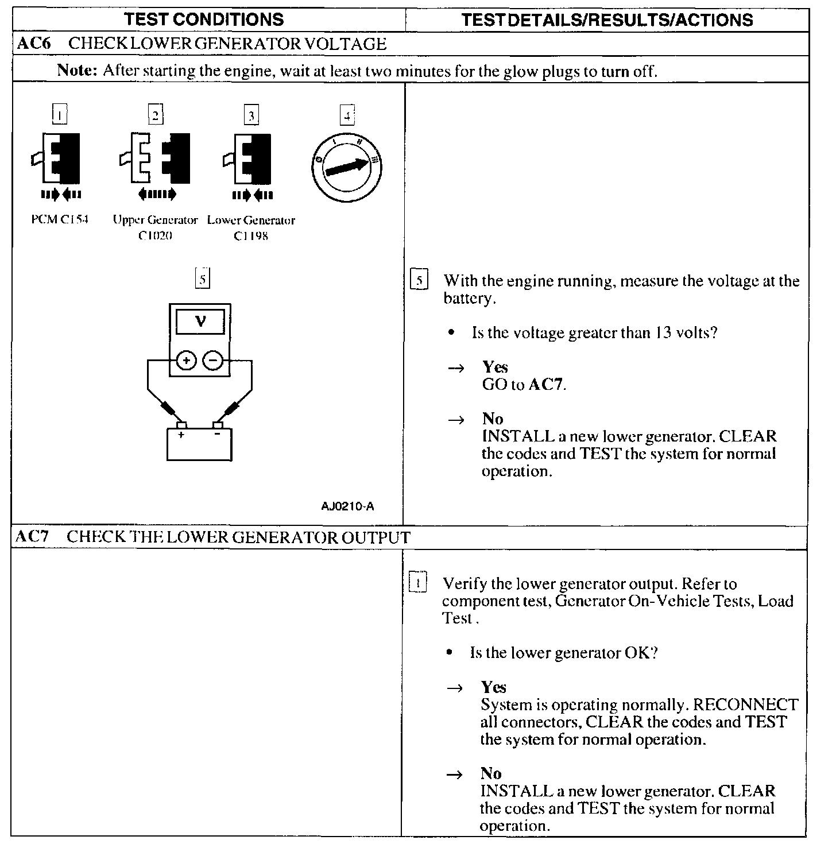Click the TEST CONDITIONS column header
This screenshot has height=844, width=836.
tap(204, 20)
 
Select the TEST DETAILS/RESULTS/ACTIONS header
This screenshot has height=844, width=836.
tap(607, 20)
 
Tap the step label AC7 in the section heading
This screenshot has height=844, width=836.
tap(32, 537)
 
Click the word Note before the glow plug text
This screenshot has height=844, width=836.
tap(78, 71)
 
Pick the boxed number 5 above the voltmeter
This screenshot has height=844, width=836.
tap(202, 279)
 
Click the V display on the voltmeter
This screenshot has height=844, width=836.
tap(200, 322)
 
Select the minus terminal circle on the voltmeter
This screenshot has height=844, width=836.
tap(212, 361)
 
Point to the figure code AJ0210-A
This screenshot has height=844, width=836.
tap(348, 506)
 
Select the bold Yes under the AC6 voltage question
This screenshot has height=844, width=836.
tap(495, 367)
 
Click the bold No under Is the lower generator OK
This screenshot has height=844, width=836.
tap(491, 773)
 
